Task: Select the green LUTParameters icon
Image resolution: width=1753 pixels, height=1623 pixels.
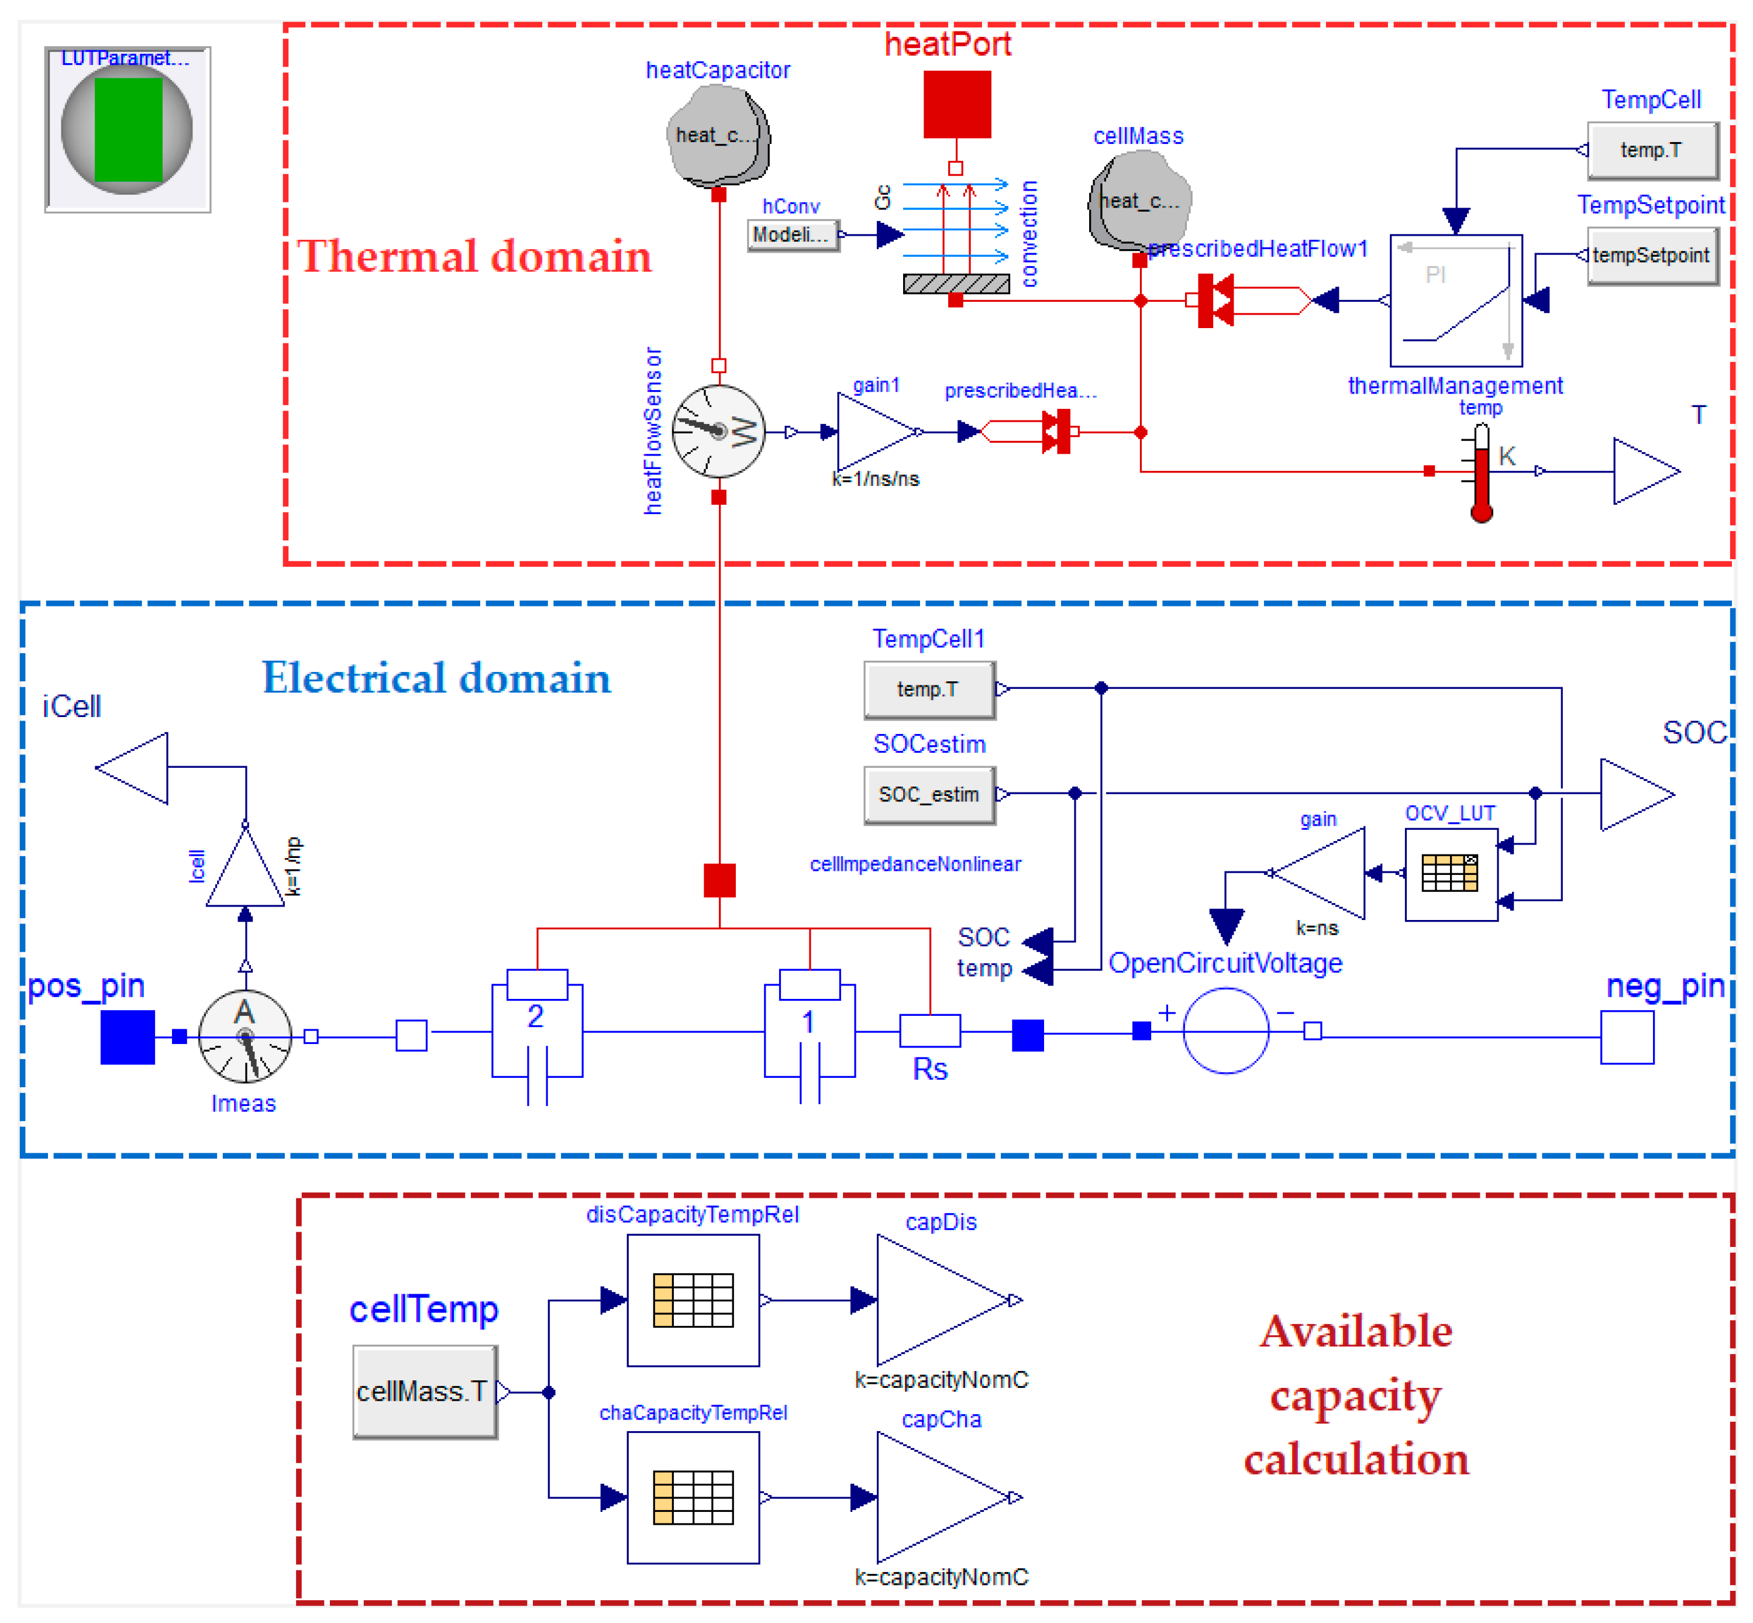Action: click(x=128, y=130)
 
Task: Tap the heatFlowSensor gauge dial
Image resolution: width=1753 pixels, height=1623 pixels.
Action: click(x=718, y=431)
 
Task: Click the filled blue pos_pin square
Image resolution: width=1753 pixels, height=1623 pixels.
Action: click(x=128, y=1036)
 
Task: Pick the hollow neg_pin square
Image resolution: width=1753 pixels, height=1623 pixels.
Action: click(x=1627, y=1036)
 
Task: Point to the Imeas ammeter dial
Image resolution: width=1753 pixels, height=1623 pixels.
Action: click(x=245, y=1036)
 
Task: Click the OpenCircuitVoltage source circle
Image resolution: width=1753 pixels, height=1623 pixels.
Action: click(x=1225, y=1030)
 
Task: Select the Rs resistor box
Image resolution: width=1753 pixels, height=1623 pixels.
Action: click(x=929, y=1030)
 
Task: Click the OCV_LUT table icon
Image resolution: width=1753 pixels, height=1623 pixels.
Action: click(x=1450, y=873)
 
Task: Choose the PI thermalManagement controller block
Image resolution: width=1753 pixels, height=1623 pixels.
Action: click(x=1455, y=301)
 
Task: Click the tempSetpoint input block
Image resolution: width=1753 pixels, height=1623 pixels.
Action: click(x=1652, y=256)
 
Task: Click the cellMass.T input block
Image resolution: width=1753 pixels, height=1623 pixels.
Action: click(x=424, y=1391)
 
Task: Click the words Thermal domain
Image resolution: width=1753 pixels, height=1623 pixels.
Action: click(x=474, y=256)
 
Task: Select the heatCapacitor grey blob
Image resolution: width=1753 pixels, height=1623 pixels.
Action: click(x=718, y=136)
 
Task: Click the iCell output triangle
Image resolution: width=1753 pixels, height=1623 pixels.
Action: click(x=133, y=767)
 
